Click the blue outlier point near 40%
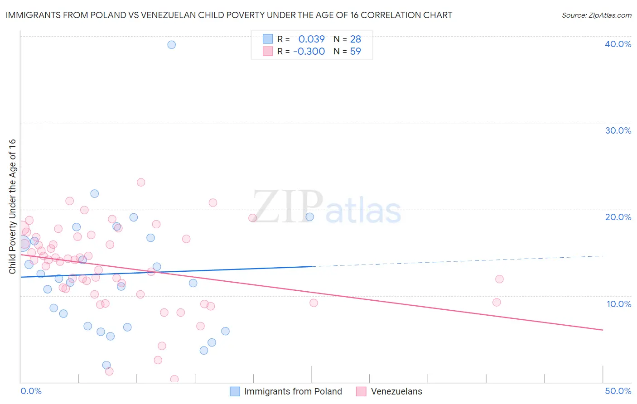(171, 44)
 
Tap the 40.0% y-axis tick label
(618, 44)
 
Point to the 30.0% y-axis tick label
(618, 130)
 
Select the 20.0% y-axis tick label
(618, 217)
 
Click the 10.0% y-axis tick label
(619, 304)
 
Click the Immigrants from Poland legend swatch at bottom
(235, 391)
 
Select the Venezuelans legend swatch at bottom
(361, 391)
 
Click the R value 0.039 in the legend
(311, 39)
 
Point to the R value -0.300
(309, 52)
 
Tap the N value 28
(355, 39)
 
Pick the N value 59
(355, 52)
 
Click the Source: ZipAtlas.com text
(596, 15)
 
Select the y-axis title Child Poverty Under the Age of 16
(12, 206)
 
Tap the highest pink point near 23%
(141, 182)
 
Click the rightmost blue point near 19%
(310, 216)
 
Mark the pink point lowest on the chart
(174, 379)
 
